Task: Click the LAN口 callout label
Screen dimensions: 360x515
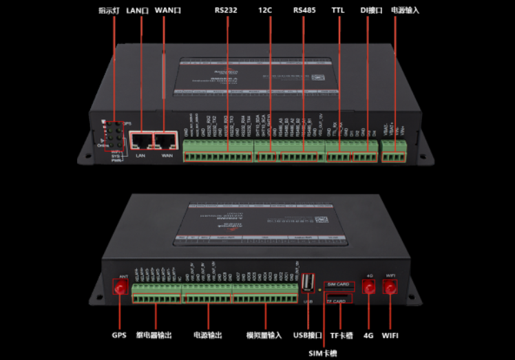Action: [x=138, y=10]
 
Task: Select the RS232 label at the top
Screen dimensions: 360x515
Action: [x=226, y=10]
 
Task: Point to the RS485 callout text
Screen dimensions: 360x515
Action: [x=303, y=10]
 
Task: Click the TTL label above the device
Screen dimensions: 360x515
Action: [x=338, y=10]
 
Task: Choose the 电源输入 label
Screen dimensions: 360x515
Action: [x=405, y=10]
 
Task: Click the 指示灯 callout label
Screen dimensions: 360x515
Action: [x=109, y=10]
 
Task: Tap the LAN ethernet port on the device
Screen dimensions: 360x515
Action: [x=140, y=141]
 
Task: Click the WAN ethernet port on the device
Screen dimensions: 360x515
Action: [x=167, y=141]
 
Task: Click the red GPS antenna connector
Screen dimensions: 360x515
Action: [x=121, y=289]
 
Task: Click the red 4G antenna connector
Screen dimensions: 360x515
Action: [x=368, y=289]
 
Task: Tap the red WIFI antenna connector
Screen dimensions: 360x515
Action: [x=390, y=289]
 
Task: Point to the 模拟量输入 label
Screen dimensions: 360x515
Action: [x=264, y=336]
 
